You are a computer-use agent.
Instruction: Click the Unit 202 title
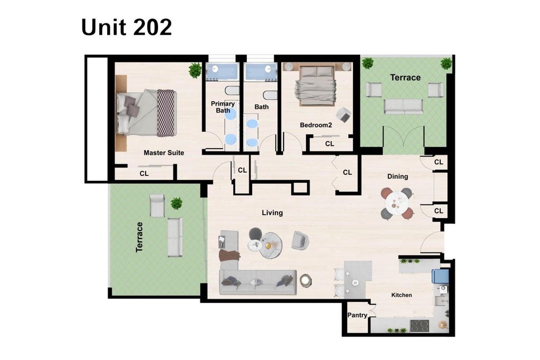[127, 27]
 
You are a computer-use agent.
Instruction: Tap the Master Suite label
[163, 153]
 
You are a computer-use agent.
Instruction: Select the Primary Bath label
[223, 107]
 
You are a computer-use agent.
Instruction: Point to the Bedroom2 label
[316, 125]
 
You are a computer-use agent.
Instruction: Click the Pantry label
[357, 315]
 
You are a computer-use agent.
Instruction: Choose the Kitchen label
[401, 295]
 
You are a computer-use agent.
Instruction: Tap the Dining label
[398, 177]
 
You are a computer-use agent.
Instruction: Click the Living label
[272, 213]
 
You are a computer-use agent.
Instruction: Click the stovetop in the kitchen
[419, 325]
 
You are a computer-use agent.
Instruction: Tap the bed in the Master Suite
[147, 113]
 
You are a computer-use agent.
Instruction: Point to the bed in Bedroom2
[317, 85]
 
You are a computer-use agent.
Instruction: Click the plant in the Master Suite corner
[195, 70]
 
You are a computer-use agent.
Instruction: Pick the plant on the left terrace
[177, 203]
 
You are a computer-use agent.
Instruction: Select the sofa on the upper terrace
[403, 106]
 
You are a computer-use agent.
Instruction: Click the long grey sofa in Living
[258, 282]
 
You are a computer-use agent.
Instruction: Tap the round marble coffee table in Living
[271, 246]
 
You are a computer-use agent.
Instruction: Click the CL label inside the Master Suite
[144, 174]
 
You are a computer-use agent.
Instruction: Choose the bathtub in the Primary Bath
[222, 72]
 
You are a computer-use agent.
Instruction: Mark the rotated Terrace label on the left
[139, 237]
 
